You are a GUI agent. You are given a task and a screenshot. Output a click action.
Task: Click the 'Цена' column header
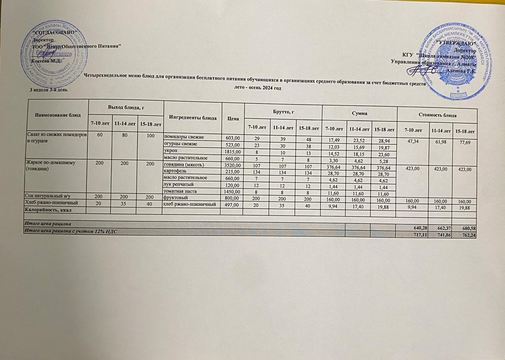[x=233, y=117]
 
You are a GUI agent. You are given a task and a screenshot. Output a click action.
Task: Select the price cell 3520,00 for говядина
[x=232, y=163]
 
